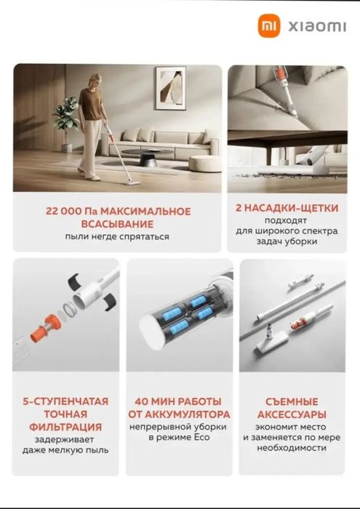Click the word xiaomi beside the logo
tap(317, 27)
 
